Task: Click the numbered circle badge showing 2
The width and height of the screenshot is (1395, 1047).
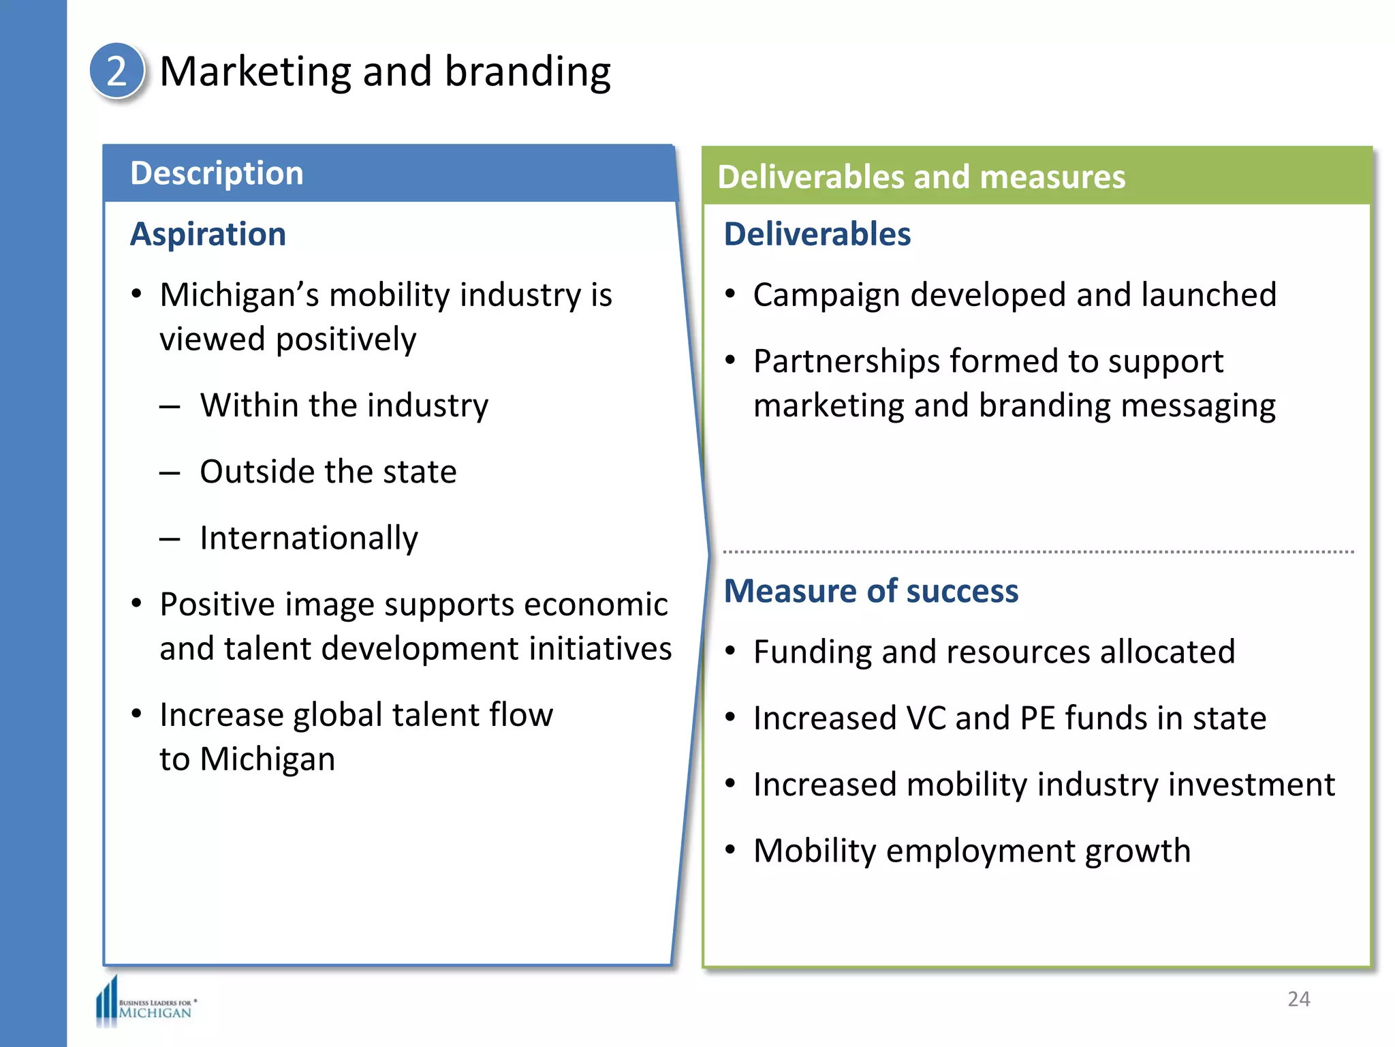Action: coord(116,71)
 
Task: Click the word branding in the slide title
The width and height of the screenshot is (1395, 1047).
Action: coord(527,72)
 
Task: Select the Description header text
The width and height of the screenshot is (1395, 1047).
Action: coord(217,173)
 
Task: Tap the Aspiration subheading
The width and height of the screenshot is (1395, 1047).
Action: coord(208,234)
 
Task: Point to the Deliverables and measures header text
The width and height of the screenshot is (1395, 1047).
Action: coord(921,177)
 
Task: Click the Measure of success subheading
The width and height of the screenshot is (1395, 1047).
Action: coord(871,591)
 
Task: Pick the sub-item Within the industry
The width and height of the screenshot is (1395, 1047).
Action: coord(344,406)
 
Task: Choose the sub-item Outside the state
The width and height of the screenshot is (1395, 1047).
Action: coord(328,472)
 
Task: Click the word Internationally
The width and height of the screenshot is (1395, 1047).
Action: coord(309,538)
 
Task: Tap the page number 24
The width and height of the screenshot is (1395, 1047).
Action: coord(1298,999)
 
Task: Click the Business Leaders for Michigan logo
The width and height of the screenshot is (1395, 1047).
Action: coord(146,1003)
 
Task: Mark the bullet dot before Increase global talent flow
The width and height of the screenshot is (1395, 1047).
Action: coord(137,714)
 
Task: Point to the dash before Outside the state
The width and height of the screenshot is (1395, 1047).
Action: coord(170,472)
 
